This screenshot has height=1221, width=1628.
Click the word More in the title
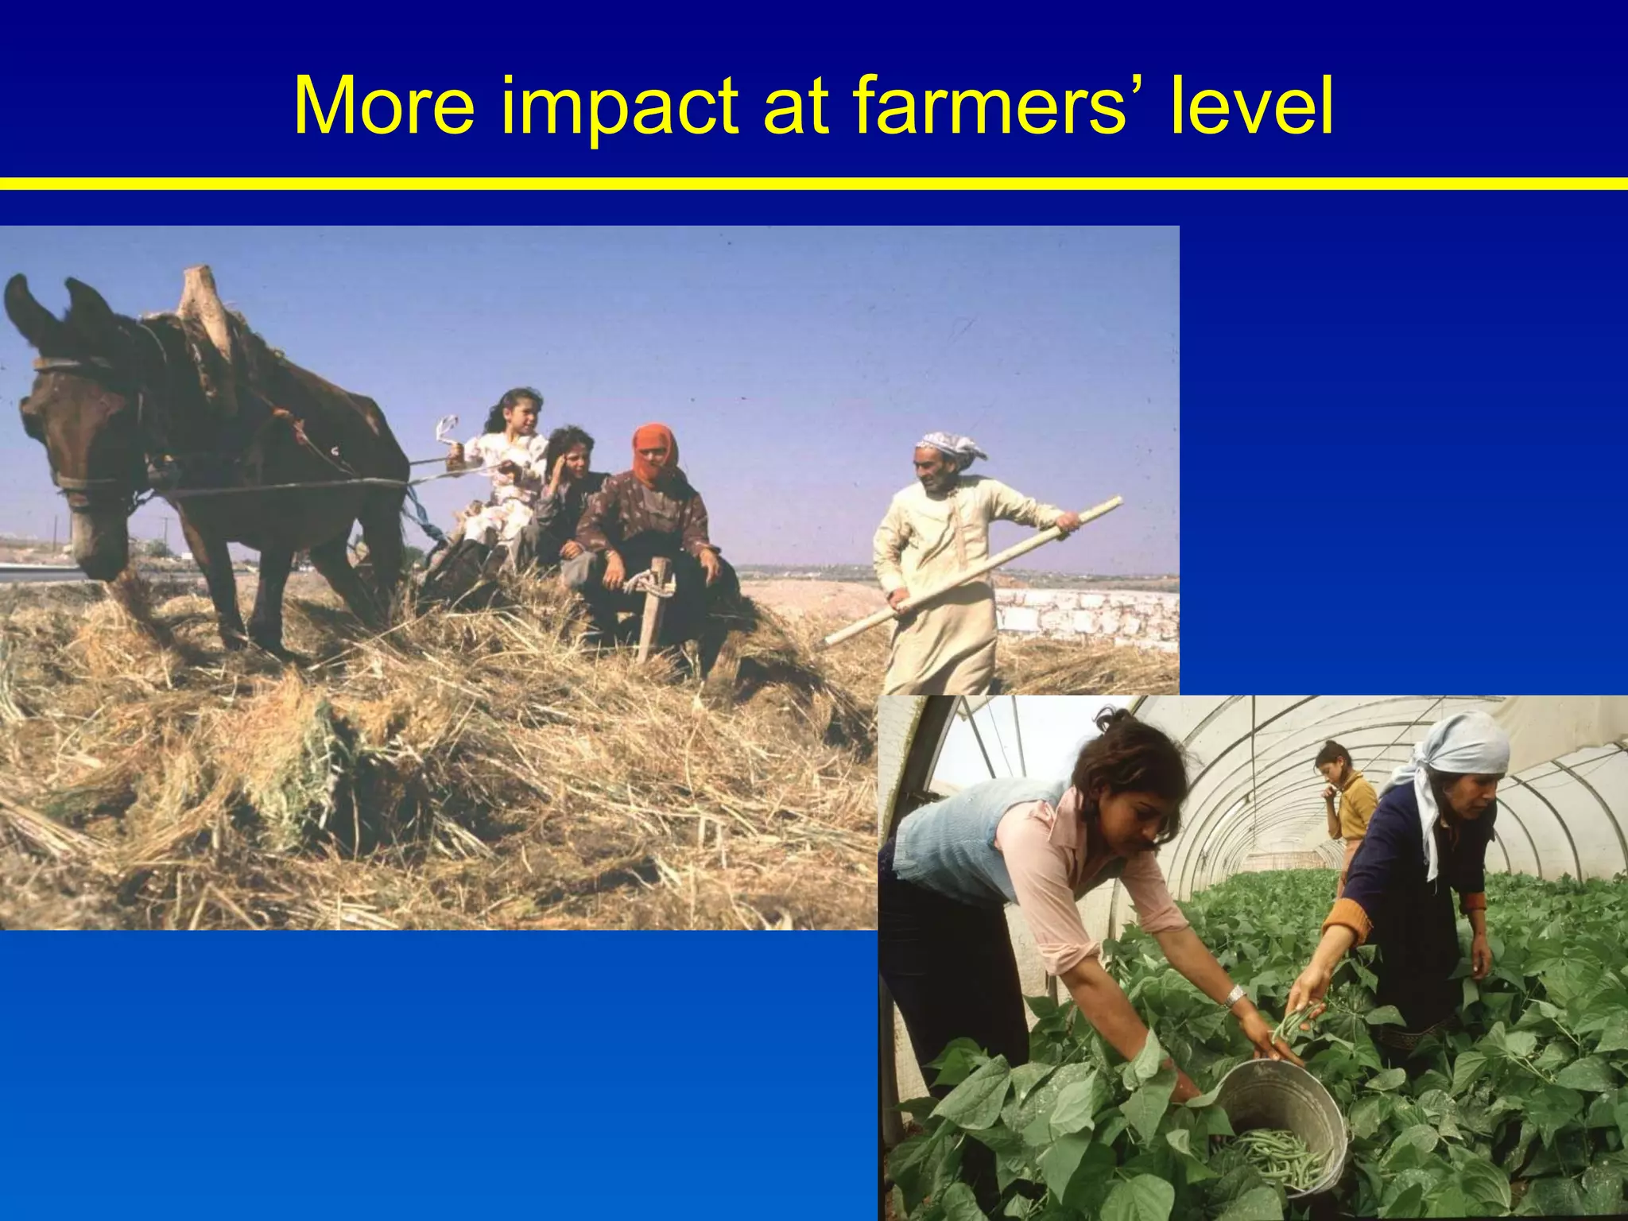tap(384, 107)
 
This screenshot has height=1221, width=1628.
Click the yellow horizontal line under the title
tap(814, 184)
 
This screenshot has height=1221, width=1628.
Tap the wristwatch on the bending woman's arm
tap(1234, 996)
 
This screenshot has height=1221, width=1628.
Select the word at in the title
tap(795, 107)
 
